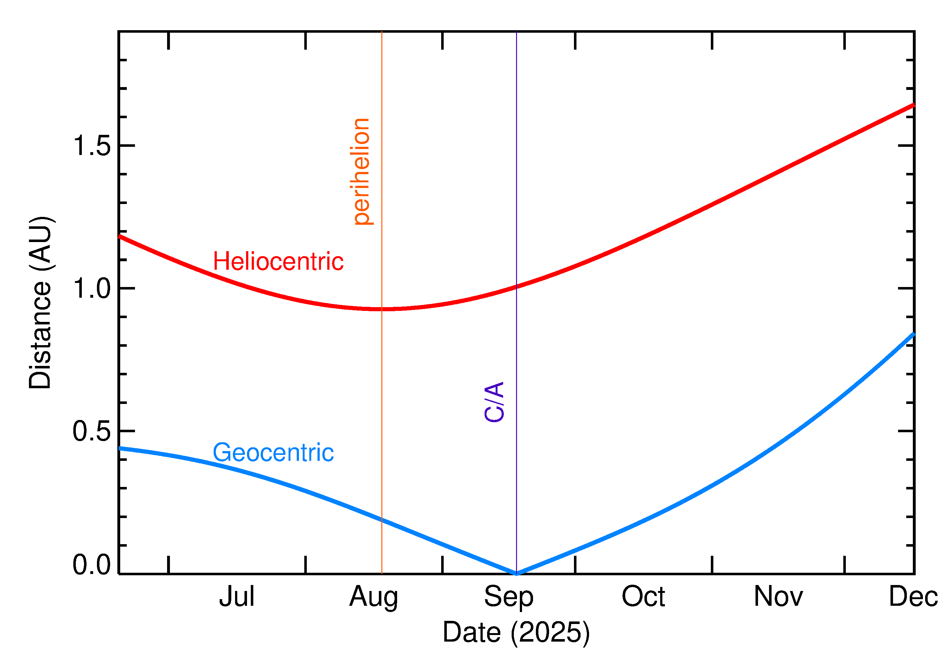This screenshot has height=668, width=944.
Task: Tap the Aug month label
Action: pos(374,597)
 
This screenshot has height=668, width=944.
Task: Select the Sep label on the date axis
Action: pos(509,597)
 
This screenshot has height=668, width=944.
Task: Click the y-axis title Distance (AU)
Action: pos(40,302)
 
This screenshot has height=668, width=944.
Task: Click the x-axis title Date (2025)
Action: pos(516,632)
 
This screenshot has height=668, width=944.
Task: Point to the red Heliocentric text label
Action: pos(278,261)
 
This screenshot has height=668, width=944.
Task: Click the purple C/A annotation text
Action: pos(494,402)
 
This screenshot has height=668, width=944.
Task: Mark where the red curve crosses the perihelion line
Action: pos(382,309)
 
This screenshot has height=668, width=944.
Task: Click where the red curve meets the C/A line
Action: pos(516,287)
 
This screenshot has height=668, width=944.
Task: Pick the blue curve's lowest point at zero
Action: pos(516,573)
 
